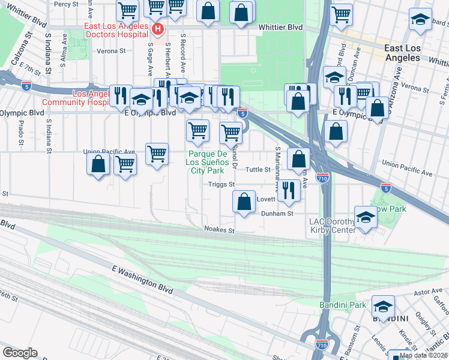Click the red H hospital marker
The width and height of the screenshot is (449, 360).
coord(157,29)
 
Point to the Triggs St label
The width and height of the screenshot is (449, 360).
coord(220,185)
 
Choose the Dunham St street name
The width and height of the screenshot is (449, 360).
coord(276,213)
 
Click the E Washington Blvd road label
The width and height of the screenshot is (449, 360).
coord(142,280)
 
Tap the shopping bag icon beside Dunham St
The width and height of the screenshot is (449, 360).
coord(244,202)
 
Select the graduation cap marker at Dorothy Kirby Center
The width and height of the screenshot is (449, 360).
coord(365,217)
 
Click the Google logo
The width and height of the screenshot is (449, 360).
coord(20,353)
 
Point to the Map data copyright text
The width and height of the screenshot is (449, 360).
coord(423,355)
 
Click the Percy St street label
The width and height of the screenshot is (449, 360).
coord(66,4)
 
